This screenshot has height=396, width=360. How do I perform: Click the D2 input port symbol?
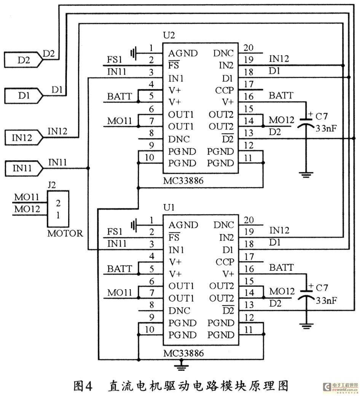point(23,60)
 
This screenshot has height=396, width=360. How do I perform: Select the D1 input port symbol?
point(23,96)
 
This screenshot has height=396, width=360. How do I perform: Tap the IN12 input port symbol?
point(23,138)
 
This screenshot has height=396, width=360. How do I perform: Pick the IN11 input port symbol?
point(23,168)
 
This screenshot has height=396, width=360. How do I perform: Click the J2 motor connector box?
point(58,209)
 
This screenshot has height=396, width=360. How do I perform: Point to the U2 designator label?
point(169,35)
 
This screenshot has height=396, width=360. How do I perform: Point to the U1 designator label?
point(169,208)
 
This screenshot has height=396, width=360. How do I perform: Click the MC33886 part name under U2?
point(183,181)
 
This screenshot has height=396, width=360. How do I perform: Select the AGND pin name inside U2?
point(183,53)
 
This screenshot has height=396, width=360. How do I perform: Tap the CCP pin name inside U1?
point(225,262)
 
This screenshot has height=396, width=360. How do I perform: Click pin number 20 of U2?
point(248,48)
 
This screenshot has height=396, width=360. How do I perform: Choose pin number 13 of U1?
point(249,305)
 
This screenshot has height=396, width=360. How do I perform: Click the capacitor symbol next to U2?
point(306,122)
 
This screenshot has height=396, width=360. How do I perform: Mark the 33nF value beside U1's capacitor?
point(327,301)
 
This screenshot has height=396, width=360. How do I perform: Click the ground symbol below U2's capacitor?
point(306,175)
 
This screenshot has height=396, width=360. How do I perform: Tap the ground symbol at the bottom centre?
point(181,367)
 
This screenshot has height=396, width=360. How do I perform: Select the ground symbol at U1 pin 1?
point(134,225)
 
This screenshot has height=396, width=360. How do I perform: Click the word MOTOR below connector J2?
point(65,233)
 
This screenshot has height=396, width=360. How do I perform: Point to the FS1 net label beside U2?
point(115,60)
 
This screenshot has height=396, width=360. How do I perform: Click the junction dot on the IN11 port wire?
point(88,168)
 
